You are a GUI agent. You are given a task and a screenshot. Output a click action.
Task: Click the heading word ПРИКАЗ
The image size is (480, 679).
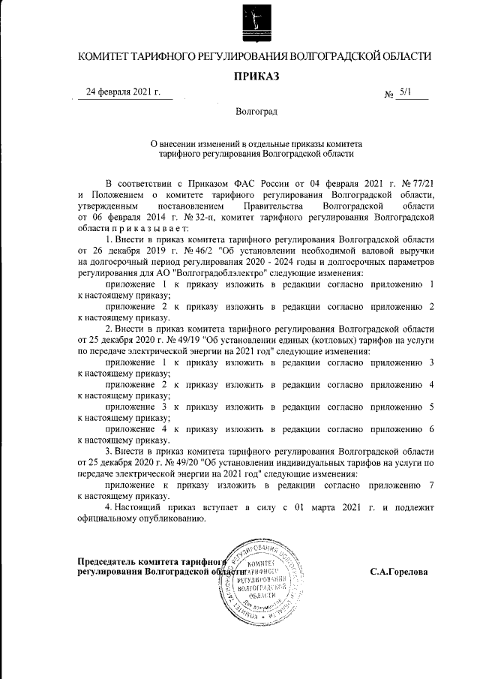tap(256, 77)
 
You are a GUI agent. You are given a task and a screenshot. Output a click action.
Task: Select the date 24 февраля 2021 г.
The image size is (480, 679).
tap(124, 93)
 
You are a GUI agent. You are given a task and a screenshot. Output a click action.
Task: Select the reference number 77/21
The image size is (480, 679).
tap(419, 183)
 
